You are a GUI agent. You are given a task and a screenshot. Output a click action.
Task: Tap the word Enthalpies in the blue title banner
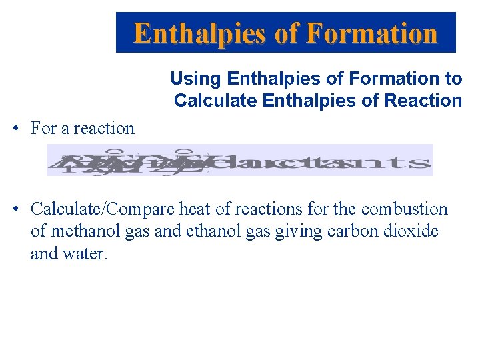tap(203, 33)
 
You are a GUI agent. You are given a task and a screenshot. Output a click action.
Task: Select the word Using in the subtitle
tap(196, 79)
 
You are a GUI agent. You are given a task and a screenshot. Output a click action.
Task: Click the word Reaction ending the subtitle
tap(428, 101)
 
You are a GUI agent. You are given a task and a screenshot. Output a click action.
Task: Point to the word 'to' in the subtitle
tap(453, 79)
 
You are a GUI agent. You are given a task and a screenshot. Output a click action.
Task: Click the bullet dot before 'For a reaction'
tap(15, 129)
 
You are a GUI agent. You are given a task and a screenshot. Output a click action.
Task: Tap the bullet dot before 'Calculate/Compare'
tap(15, 209)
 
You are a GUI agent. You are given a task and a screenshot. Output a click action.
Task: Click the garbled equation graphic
tap(239, 160)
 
